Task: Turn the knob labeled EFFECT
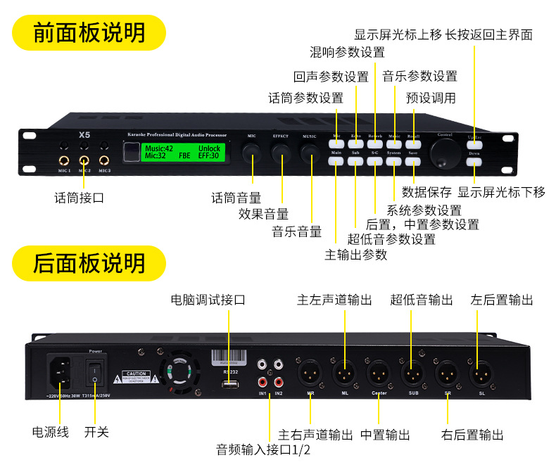click(x=281, y=153)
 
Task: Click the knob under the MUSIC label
click(x=309, y=153)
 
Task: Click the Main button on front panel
click(x=336, y=161)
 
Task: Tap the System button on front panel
click(x=393, y=161)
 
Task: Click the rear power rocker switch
click(x=95, y=371)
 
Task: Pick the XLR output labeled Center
click(x=379, y=370)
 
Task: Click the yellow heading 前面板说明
click(x=89, y=32)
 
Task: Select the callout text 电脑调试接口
click(x=208, y=300)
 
